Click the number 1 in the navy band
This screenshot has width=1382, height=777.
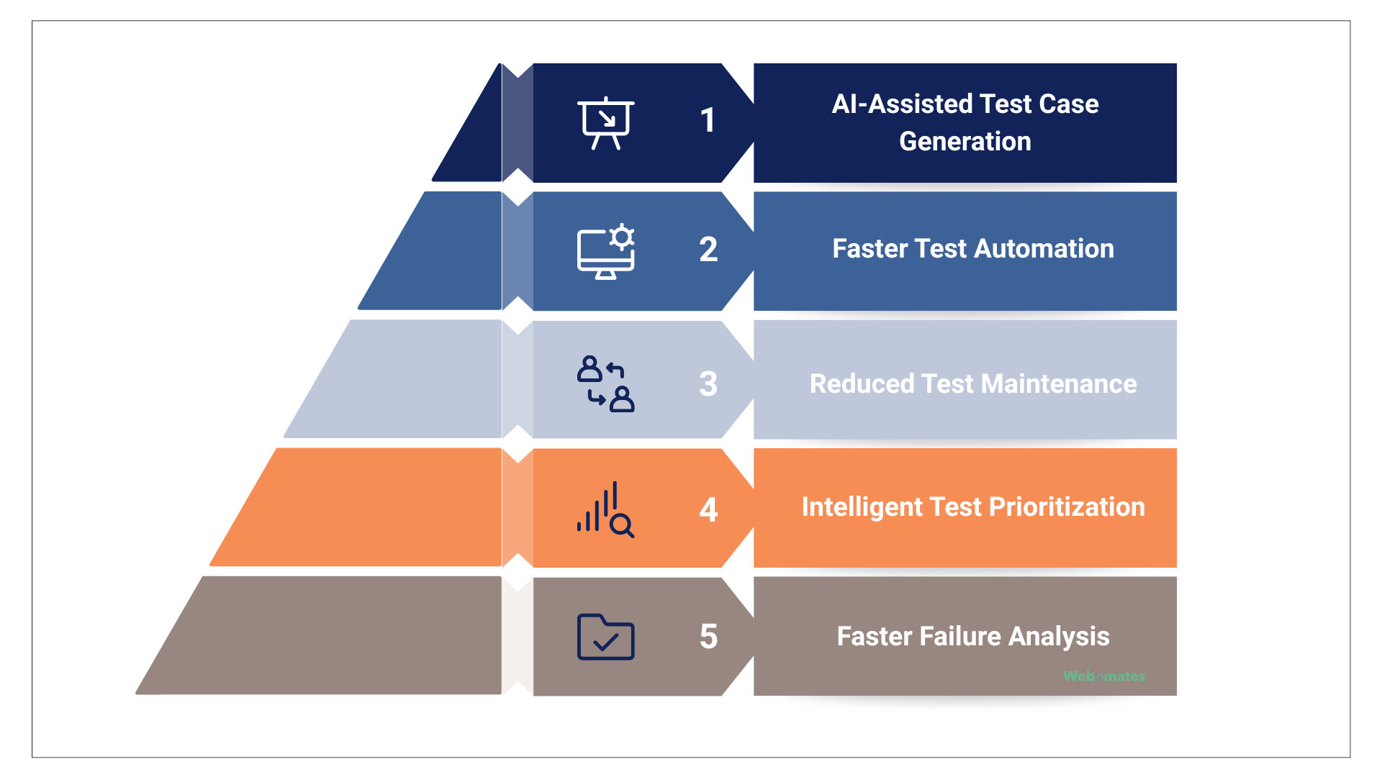(x=708, y=120)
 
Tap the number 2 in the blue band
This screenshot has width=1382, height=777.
(x=708, y=250)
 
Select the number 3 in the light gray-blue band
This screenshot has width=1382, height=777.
(x=708, y=383)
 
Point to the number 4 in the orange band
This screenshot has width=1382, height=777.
(x=708, y=510)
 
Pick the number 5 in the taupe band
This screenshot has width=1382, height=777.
(x=708, y=637)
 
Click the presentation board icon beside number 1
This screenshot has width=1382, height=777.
(x=606, y=123)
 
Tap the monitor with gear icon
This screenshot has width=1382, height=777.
(x=606, y=253)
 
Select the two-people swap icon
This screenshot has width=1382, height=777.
(x=606, y=383)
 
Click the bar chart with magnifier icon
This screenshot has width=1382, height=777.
(x=606, y=510)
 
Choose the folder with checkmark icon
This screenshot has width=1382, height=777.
(x=606, y=637)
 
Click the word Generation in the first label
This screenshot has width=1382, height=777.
(x=965, y=142)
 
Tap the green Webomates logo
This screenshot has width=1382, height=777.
(x=1104, y=676)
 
